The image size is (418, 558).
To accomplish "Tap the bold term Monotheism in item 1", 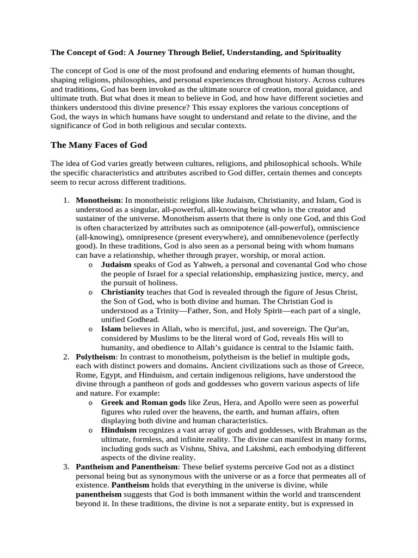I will pos(99,201).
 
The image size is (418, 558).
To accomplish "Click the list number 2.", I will pos(65,356).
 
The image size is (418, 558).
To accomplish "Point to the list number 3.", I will pos(65,468).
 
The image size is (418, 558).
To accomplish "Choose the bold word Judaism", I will pos(116,265).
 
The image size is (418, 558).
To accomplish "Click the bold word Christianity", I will pos(123,293).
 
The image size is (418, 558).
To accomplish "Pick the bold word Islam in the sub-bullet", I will pos(111,329).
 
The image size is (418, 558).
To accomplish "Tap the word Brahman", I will pos(318,430).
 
